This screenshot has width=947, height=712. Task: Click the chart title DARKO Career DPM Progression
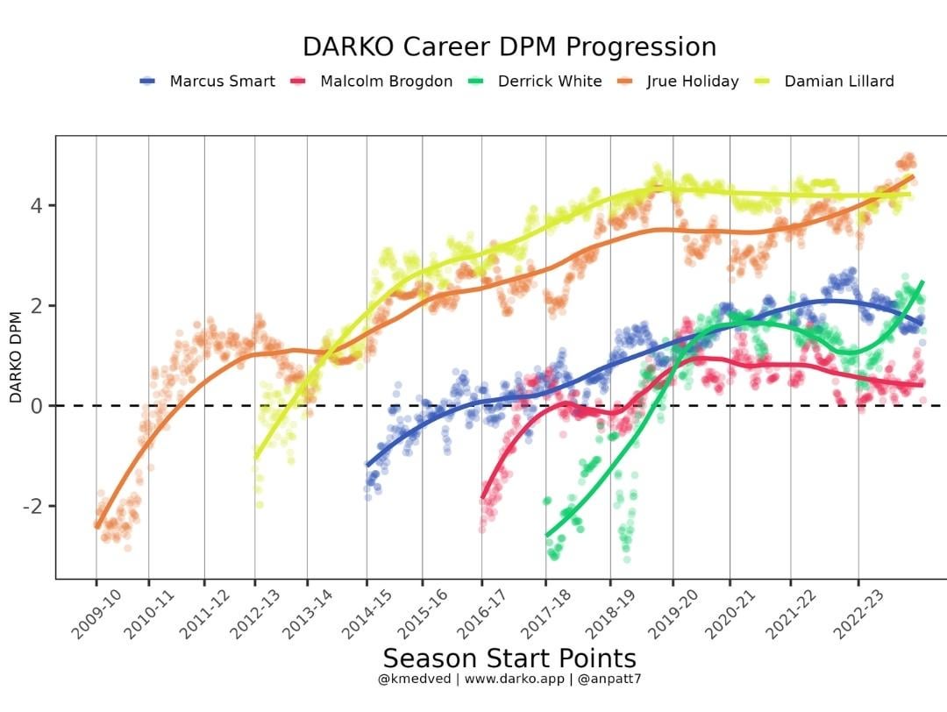(509, 46)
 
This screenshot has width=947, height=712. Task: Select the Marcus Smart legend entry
(222, 82)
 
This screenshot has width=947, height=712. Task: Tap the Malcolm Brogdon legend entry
(386, 82)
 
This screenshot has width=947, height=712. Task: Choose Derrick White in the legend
(549, 82)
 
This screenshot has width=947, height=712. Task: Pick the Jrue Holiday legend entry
(693, 82)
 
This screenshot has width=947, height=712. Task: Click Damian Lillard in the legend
(839, 82)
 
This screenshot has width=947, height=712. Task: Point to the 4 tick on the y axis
(37, 206)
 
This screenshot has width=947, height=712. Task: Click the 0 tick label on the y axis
(37, 406)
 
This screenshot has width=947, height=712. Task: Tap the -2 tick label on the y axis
(33, 507)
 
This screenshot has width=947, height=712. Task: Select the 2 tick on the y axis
(37, 306)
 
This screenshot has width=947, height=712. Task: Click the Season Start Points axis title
(509, 659)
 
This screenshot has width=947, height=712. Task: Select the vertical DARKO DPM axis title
(16, 357)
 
